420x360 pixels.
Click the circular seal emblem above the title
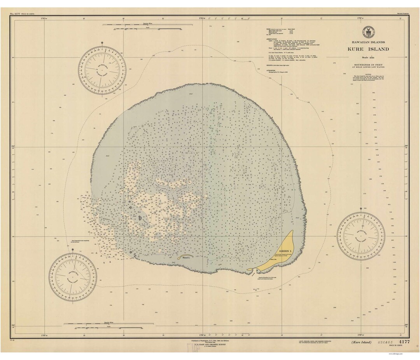tap(367, 32)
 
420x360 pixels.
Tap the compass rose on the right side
tap(361, 236)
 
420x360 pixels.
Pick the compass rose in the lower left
tap(73, 277)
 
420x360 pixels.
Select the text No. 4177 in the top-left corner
tap(17, 14)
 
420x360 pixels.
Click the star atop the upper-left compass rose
tap(102, 42)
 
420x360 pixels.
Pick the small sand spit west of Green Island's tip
tap(250, 269)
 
